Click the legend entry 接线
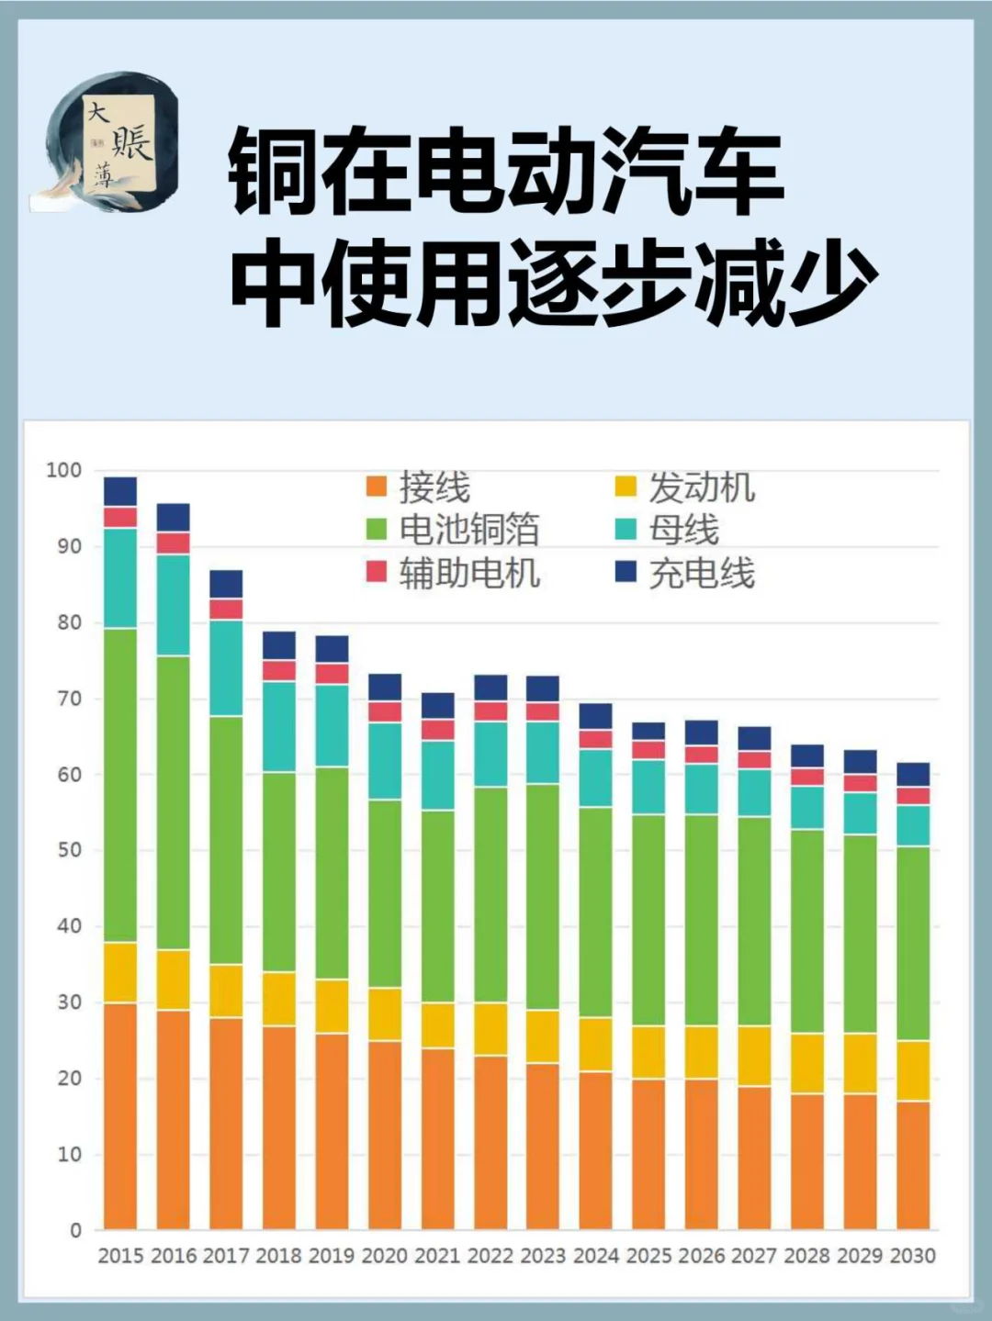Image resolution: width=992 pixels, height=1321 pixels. [x=419, y=487]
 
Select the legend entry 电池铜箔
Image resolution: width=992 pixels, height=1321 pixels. [x=453, y=530]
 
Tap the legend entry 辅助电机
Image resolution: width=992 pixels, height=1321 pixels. [x=453, y=573]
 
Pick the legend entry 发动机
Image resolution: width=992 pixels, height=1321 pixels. [x=685, y=487]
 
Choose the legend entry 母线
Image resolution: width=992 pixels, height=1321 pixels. [x=668, y=530]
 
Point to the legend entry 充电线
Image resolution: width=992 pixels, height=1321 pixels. [x=685, y=574]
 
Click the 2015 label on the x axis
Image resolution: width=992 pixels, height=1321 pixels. [x=120, y=1256]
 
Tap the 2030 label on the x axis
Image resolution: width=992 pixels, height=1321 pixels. [x=913, y=1256]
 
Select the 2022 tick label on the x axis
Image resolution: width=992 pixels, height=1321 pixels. [x=490, y=1256]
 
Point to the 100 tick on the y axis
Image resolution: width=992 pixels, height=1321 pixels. [x=64, y=470]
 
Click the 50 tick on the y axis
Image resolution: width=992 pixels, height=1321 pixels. [x=69, y=850]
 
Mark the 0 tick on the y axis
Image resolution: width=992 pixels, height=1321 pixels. [x=75, y=1230]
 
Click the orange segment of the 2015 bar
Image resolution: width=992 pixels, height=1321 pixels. [x=120, y=1115]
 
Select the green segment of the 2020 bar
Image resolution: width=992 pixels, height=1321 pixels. [x=385, y=893]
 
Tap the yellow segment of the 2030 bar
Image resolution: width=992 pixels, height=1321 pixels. [x=913, y=1070]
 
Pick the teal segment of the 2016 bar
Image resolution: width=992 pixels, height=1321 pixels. [x=174, y=605]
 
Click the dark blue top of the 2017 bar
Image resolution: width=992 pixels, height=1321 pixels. [x=226, y=584]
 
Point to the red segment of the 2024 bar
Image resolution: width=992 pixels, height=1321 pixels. [x=596, y=739]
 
